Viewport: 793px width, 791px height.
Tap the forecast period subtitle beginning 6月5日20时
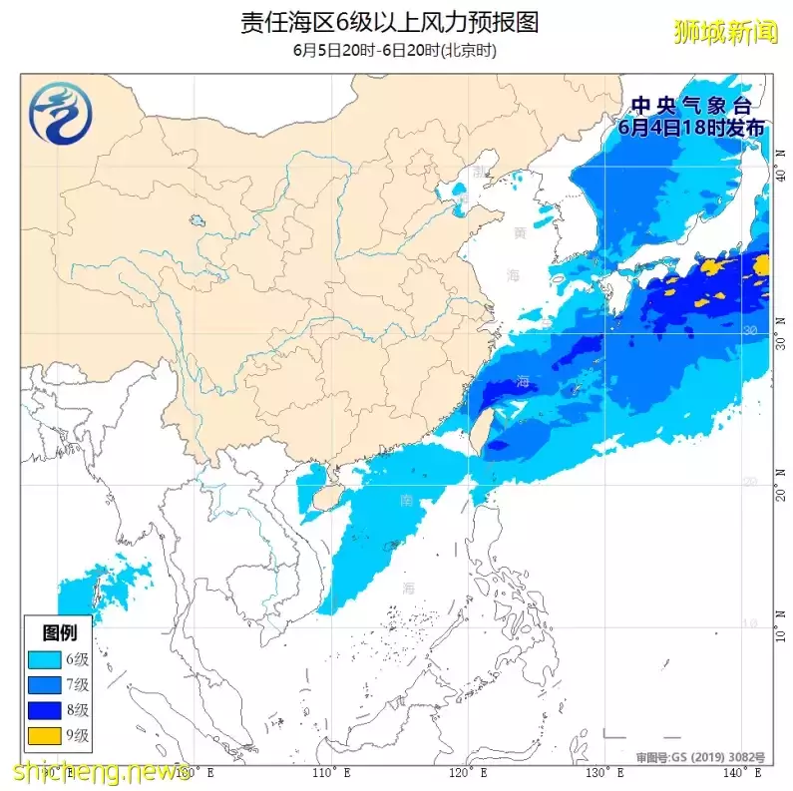pos(395,50)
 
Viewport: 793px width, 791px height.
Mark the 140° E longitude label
pos(744,772)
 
